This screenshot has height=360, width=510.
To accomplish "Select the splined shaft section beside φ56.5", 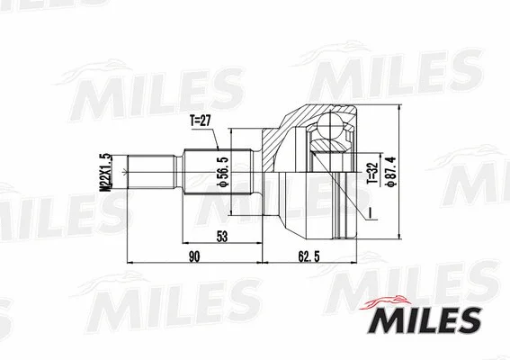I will point(205,176).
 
